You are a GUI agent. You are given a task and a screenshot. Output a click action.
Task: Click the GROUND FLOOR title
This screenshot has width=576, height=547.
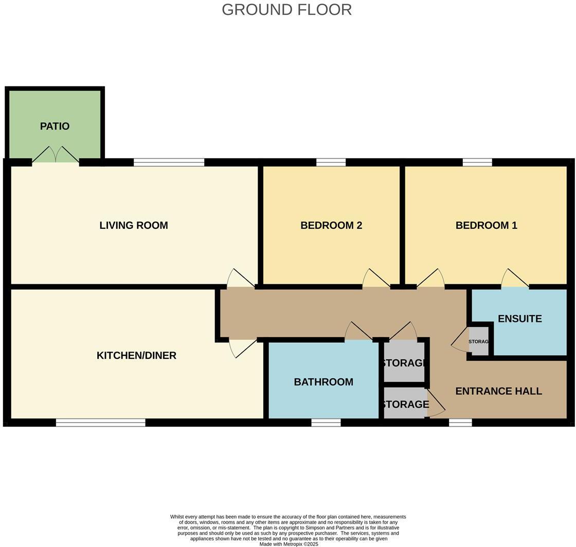click(x=286, y=10)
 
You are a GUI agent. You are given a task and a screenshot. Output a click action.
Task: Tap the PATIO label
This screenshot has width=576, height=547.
click(x=55, y=126)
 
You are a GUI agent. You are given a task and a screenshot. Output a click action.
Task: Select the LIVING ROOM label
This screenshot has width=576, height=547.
click(x=134, y=225)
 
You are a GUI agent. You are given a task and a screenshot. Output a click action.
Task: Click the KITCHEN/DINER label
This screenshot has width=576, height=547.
click(x=136, y=356)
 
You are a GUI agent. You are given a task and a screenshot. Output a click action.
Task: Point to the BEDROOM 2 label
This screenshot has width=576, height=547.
click(x=331, y=225)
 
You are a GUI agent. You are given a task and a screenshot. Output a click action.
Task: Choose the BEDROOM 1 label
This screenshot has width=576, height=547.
click(x=486, y=225)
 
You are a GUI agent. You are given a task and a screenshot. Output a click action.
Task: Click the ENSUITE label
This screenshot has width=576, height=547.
click(x=519, y=319)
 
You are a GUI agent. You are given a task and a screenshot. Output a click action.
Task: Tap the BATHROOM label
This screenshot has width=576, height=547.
click(x=323, y=382)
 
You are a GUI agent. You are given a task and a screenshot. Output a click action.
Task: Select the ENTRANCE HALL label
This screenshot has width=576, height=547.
click(x=498, y=391)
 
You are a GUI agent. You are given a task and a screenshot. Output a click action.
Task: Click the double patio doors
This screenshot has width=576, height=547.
click(x=56, y=156)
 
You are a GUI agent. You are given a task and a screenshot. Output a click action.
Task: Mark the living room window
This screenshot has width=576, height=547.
click(x=169, y=162)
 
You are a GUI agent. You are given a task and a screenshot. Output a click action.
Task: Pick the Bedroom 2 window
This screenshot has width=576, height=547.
click(x=331, y=162)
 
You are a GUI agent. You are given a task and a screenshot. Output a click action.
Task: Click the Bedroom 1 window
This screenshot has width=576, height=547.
click(x=477, y=162)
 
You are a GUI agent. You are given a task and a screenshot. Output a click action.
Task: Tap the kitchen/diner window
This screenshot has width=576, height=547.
click(x=100, y=423)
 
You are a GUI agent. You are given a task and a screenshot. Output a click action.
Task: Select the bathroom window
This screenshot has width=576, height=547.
click(x=326, y=423)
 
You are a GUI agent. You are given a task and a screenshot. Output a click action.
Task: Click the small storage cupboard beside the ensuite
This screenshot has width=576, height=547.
click(x=479, y=342)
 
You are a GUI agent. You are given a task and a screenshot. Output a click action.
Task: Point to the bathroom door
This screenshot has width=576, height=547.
click(x=358, y=333)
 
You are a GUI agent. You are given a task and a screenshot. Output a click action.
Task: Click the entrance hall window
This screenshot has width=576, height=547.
click(x=460, y=423)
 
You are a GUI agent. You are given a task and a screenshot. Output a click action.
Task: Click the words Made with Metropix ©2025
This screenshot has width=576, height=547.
click(x=289, y=544)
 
